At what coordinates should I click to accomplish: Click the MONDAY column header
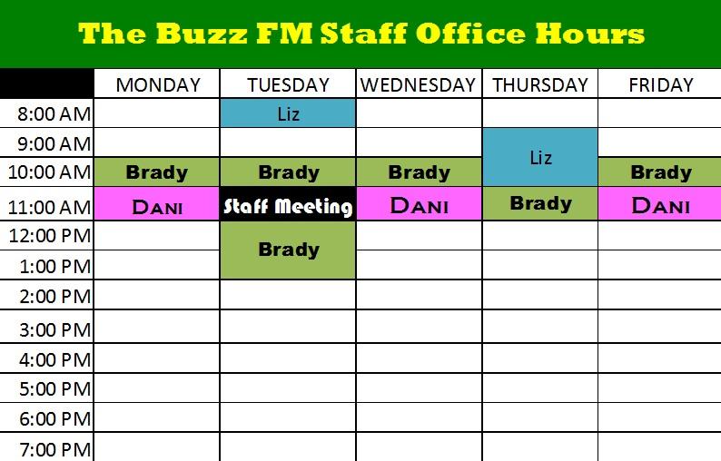(x=158, y=85)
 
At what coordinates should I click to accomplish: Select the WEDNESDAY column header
(x=418, y=85)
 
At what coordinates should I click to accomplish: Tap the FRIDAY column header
(x=661, y=85)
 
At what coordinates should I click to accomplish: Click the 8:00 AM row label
(x=54, y=114)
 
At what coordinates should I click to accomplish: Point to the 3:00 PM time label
(x=55, y=330)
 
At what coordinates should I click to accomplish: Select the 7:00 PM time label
(x=55, y=449)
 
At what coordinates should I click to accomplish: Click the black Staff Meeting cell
(x=288, y=203)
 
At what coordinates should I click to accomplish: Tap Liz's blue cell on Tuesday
(x=288, y=113)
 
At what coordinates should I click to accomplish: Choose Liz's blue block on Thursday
(x=540, y=157)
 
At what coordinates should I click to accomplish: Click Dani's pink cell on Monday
(x=157, y=203)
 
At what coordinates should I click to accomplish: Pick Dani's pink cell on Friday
(x=660, y=203)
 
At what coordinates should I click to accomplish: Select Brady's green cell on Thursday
(x=540, y=203)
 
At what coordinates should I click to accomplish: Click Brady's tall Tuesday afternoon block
(x=288, y=250)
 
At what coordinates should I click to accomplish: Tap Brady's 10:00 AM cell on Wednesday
(x=419, y=172)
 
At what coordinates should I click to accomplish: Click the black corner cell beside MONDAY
(x=46, y=83)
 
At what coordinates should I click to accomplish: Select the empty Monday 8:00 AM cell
(x=157, y=113)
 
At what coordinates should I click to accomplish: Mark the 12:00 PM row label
(x=50, y=236)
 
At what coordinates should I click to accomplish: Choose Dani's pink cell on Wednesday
(x=419, y=203)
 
